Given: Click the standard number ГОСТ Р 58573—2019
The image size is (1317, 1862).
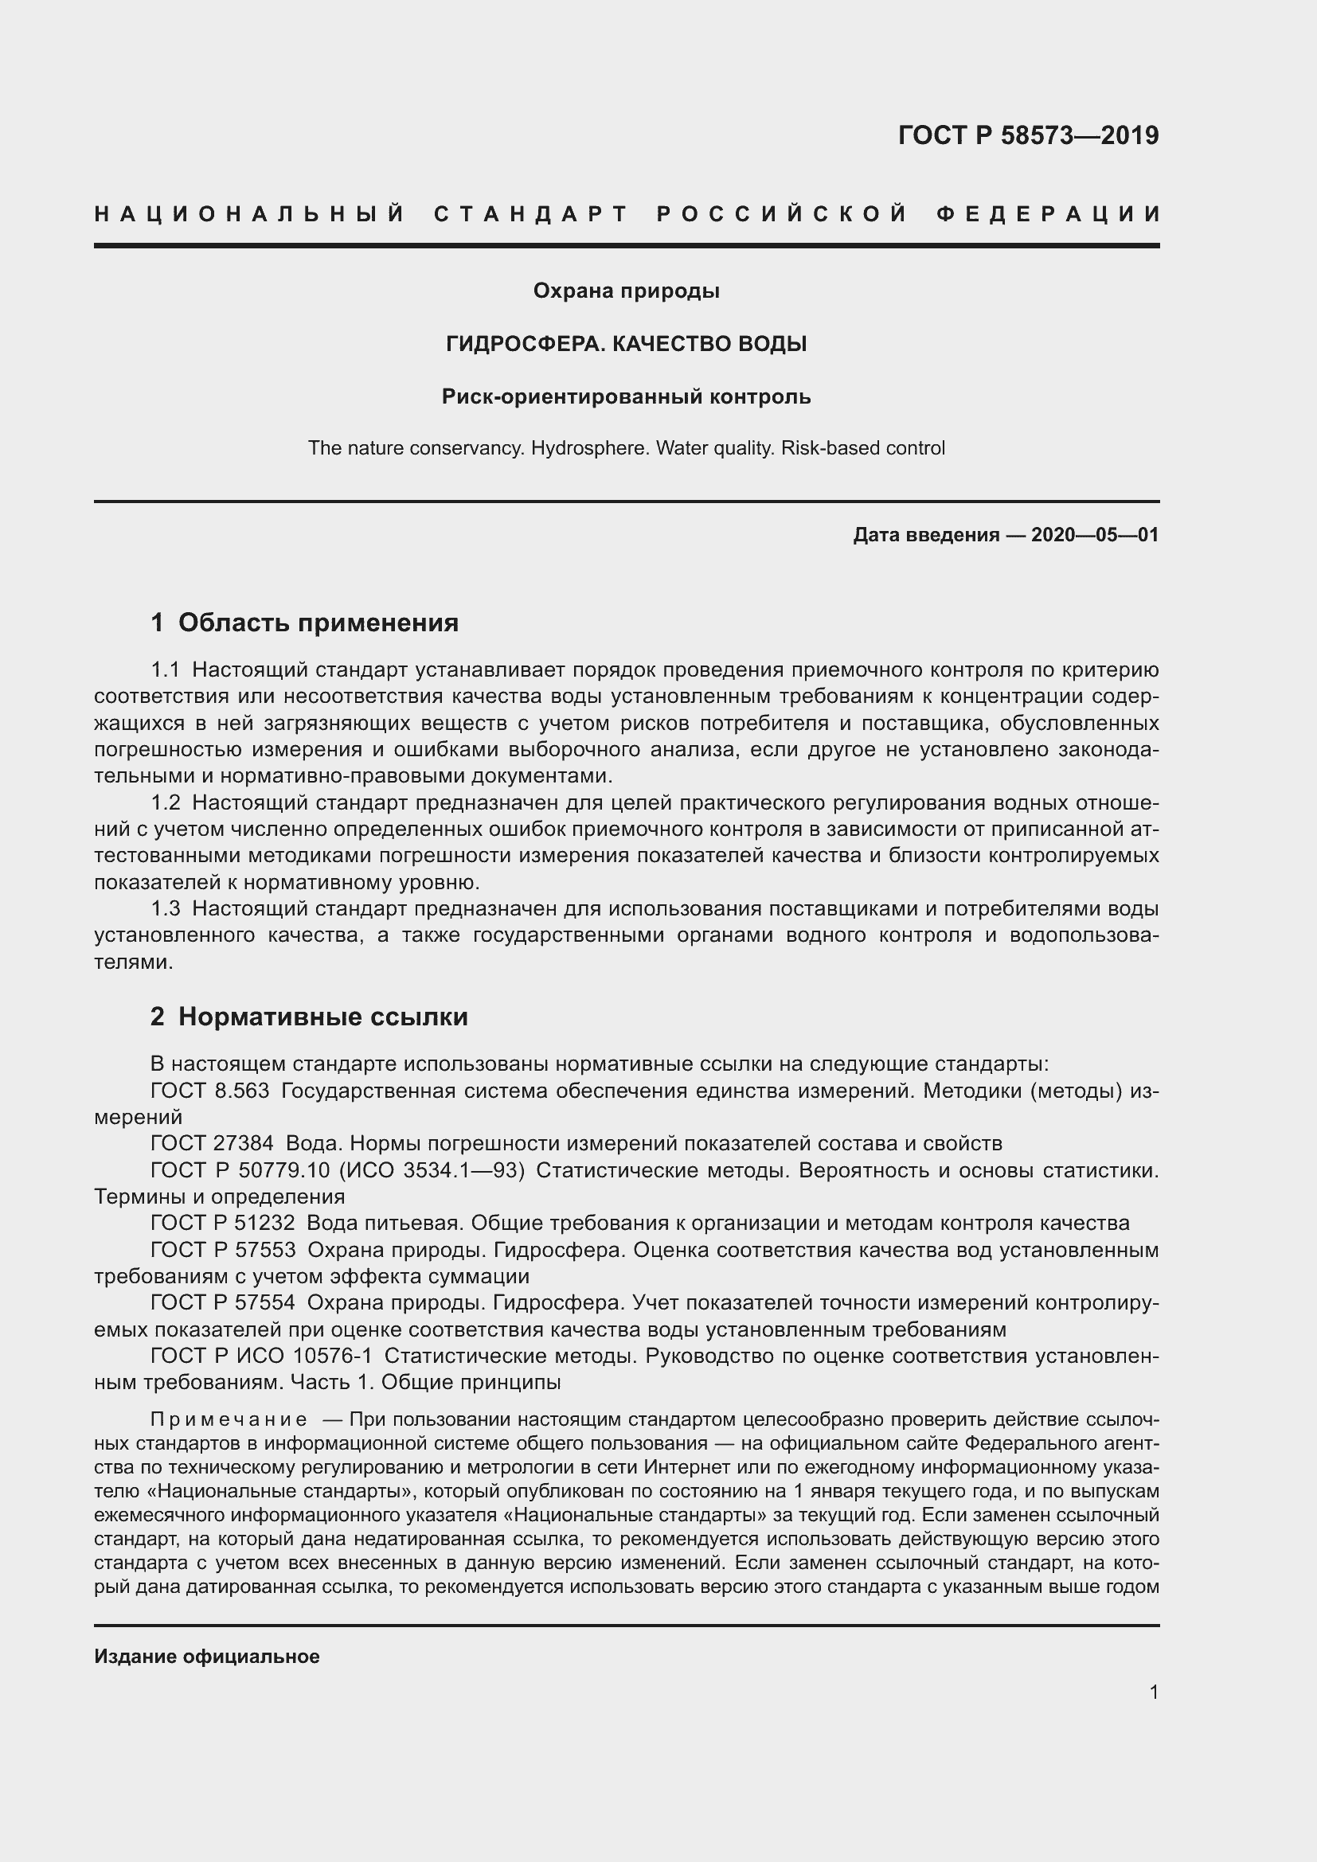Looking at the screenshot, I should point(1028,135).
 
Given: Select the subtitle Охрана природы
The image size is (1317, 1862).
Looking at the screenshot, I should point(626,291).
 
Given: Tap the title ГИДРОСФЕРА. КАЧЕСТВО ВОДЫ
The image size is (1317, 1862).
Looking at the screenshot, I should point(626,344).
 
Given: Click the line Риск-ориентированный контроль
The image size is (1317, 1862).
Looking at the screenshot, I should point(626,396).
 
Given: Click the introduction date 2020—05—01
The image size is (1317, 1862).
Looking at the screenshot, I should point(1095,534).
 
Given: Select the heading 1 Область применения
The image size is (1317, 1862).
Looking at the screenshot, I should point(305,622).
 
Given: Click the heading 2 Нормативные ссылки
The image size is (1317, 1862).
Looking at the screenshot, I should point(309,1016).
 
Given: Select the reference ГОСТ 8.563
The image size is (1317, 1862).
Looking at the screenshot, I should point(209,1091).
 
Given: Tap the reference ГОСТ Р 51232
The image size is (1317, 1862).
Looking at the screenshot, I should point(222,1223).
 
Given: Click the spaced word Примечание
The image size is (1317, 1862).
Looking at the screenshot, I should point(229,1419).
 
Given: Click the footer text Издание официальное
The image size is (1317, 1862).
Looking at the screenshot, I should point(207,1657).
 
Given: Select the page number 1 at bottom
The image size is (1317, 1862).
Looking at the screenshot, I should point(1153,1692).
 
